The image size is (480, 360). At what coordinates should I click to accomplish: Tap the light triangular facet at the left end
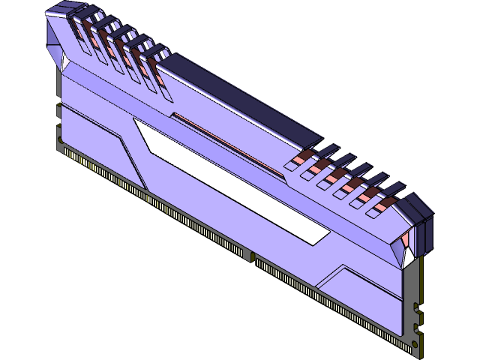click(54, 45)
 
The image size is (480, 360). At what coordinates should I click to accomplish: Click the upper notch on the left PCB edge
click(58, 112)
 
